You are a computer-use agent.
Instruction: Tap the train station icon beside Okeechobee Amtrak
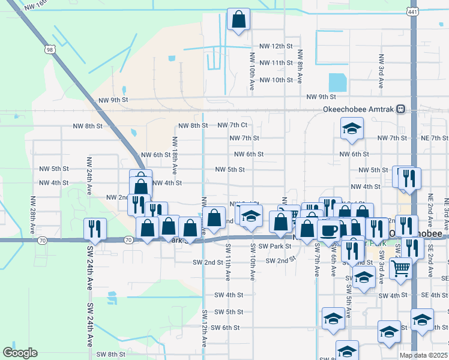click(x=400, y=109)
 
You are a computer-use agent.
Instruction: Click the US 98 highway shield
click(x=50, y=47)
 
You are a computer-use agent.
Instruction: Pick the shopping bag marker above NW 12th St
click(x=238, y=19)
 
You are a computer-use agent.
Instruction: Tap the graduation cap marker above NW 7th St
click(x=352, y=128)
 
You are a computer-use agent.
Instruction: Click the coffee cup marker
click(x=328, y=230)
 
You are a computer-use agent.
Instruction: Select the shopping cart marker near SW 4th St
click(x=400, y=268)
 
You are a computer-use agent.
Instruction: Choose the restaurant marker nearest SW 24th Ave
click(x=95, y=229)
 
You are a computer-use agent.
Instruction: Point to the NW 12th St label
click(x=276, y=46)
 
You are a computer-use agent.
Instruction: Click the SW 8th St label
click(x=112, y=354)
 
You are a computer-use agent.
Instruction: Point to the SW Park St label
click(x=275, y=247)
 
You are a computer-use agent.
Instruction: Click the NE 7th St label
click(x=435, y=138)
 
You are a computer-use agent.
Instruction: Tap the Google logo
click(x=20, y=353)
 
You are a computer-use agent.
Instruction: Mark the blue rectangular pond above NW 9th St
click(x=337, y=82)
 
